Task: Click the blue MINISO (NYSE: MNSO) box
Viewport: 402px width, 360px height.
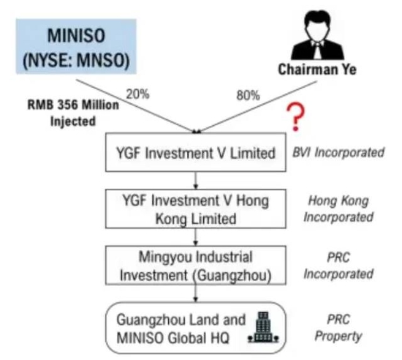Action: [76, 46]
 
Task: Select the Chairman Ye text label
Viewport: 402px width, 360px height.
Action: [317, 70]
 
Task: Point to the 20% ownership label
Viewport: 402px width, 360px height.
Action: [137, 94]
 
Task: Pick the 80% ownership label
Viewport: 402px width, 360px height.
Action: [248, 95]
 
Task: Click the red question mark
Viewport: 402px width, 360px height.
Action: [296, 117]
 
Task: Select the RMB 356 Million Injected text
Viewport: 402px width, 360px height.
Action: [73, 113]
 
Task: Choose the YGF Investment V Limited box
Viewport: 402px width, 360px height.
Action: [196, 152]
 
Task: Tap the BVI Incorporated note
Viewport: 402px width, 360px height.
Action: [338, 152]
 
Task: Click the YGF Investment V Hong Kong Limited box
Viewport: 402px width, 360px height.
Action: [196, 209]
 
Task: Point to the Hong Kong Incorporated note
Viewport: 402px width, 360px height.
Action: [338, 209]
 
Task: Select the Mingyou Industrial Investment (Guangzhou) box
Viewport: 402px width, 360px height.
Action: [196, 266]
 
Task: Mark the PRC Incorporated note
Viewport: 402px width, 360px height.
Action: [338, 266]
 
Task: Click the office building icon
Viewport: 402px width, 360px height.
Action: [263, 327]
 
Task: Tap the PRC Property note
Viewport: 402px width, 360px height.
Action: [338, 328]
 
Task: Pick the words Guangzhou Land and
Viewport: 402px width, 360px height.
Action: [181, 320]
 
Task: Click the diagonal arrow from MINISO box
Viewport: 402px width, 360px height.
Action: [136, 106]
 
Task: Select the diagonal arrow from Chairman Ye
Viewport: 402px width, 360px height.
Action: [257, 107]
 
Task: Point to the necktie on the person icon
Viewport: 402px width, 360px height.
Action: [318, 50]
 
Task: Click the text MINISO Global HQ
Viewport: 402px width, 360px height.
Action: [172, 338]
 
